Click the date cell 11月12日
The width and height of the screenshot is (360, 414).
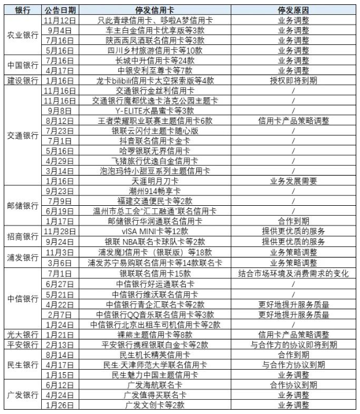(60, 20)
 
